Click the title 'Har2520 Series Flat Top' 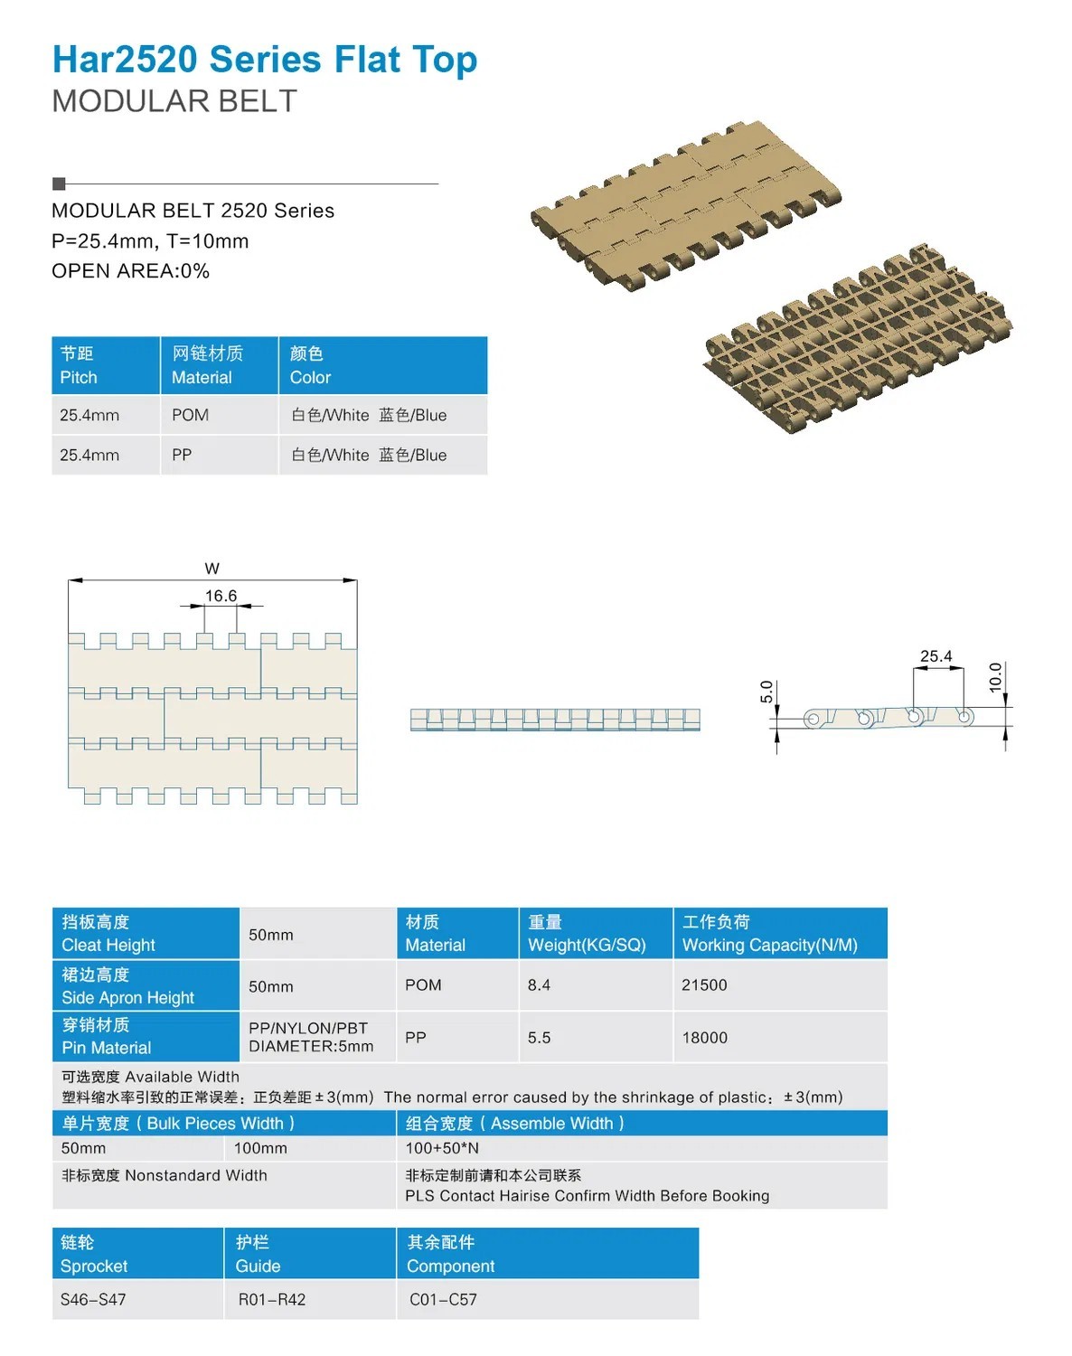(264, 60)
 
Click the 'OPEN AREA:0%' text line (130, 271)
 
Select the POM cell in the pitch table (190, 415)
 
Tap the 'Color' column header (310, 366)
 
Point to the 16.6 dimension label (221, 596)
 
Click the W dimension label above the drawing (212, 569)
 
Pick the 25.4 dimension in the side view (936, 656)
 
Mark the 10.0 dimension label (996, 677)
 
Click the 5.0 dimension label (766, 692)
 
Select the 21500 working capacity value (704, 984)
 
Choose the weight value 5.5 (539, 1038)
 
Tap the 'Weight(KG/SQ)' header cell (587, 934)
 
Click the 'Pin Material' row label (107, 1037)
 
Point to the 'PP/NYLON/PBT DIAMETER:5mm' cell (311, 1037)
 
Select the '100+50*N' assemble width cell (442, 1148)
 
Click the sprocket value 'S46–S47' (93, 1299)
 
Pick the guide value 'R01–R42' (272, 1299)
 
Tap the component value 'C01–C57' (443, 1299)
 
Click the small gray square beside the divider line (60, 184)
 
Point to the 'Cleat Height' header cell (108, 934)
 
